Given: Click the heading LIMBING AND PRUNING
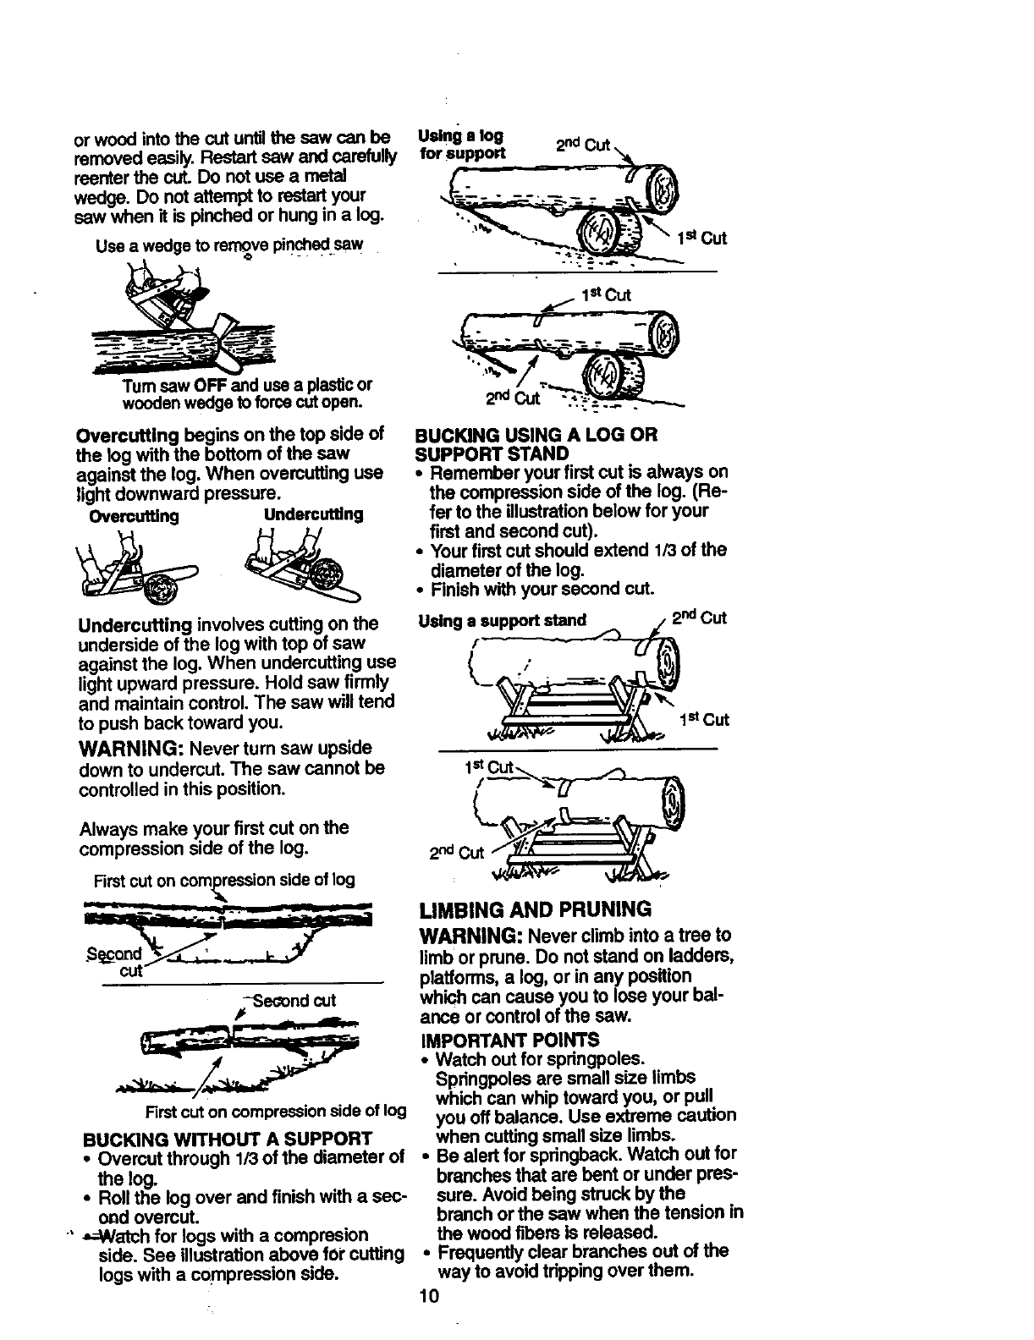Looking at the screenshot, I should coord(536,909).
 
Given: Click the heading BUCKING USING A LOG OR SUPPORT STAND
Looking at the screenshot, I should coord(536,443).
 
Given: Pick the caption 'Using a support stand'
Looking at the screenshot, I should coord(503,620).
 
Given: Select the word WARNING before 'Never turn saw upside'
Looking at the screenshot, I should coord(130,749).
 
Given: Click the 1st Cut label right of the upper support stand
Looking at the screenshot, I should coord(704,720).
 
